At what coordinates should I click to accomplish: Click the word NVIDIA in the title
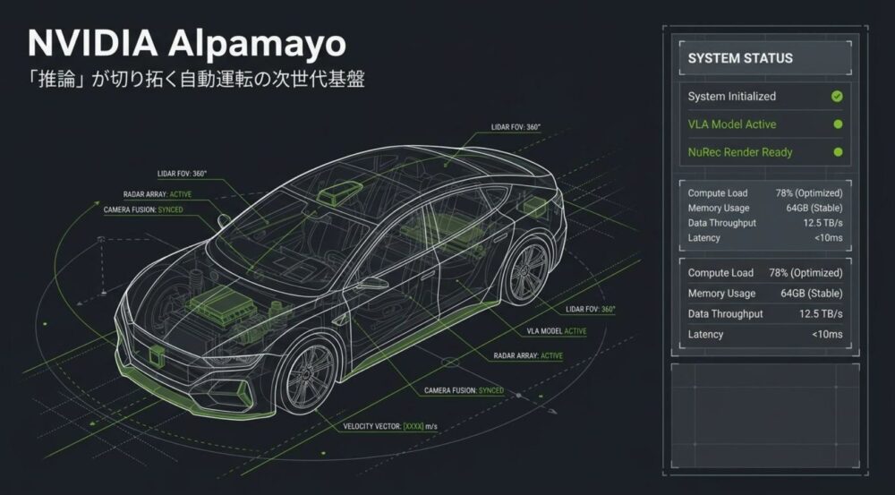coord(92,44)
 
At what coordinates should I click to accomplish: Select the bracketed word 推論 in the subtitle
coord(56,80)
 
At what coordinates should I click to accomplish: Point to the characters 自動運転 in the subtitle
coord(216,80)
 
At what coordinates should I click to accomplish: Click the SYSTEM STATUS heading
coord(740,58)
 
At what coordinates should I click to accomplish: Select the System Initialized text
coord(732,97)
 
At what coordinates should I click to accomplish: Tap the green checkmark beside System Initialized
coord(837,97)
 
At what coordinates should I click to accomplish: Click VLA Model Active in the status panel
coord(732,124)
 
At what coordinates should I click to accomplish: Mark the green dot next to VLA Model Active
coord(838,124)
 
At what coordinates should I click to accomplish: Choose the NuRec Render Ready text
coord(740,152)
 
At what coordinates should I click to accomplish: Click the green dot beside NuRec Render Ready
coord(838,152)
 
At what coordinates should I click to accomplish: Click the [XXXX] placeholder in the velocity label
coord(413,426)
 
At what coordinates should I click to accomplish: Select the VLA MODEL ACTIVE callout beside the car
coord(557,331)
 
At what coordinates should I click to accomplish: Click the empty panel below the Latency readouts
coord(765,415)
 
